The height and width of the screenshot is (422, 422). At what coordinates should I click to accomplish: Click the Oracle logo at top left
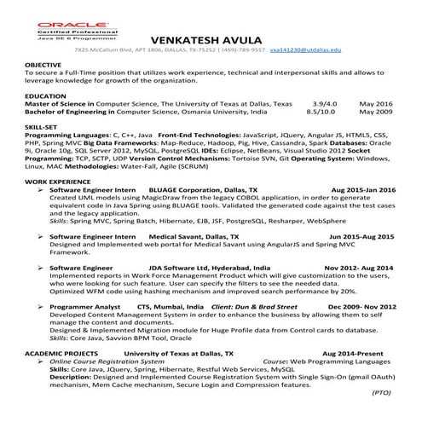(65, 25)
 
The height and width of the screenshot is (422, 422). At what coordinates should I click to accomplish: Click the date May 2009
(375, 112)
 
